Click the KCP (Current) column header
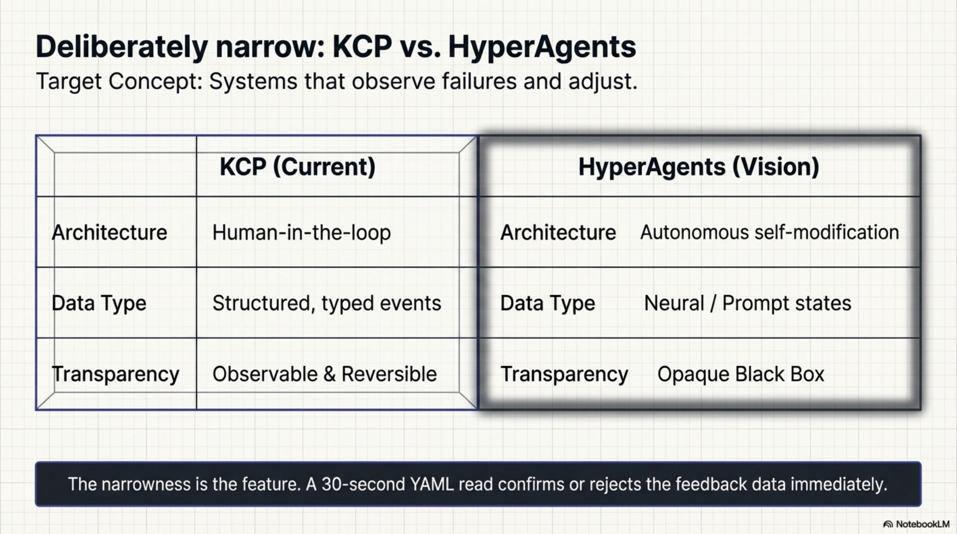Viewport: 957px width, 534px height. (x=297, y=167)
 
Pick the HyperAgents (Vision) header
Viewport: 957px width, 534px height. (x=698, y=167)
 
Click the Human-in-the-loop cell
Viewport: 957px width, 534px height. (x=301, y=233)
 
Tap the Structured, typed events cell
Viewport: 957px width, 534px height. (x=326, y=304)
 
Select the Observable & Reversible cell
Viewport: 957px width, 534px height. (x=324, y=374)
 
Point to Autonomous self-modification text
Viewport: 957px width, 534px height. (x=769, y=233)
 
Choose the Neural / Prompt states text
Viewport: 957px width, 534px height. (x=747, y=304)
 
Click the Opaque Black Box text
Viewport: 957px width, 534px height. (x=741, y=374)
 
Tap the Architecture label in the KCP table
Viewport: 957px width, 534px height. (x=110, y=233)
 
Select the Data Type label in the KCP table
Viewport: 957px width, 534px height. (x=99, y=304)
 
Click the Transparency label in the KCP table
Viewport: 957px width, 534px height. (x=115, y=374)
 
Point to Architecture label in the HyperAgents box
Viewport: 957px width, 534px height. (x=558, y=233)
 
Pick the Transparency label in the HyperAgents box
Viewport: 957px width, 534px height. (x=564, y=374)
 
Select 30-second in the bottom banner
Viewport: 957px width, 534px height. (x=362, y=484)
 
